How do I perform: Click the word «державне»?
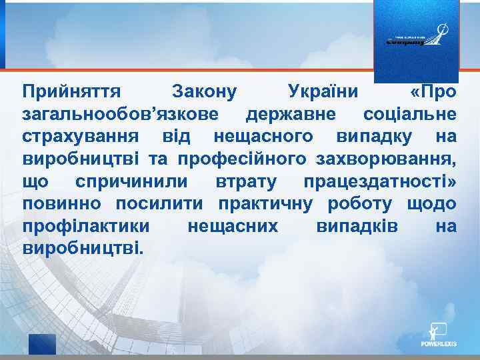point(291,113)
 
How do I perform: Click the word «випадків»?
point(355,227)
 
